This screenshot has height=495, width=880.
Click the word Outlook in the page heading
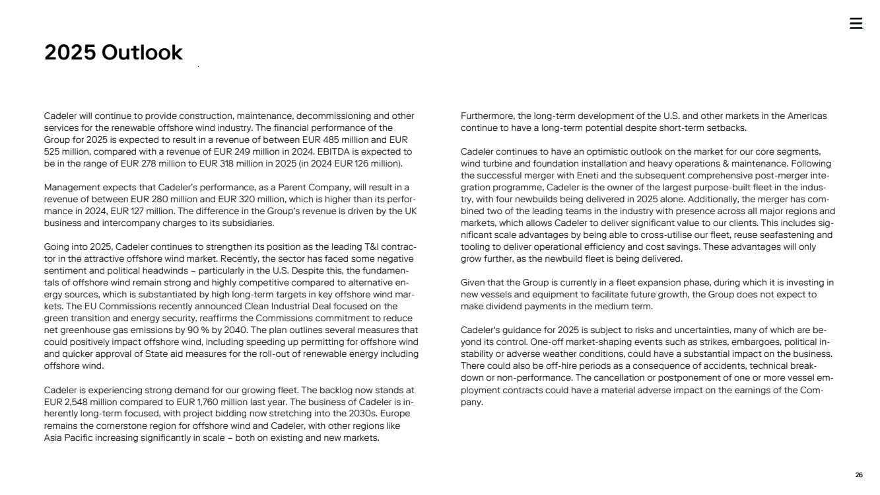142,53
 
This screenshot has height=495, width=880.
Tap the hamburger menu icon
856,24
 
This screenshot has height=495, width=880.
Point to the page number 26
858,475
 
